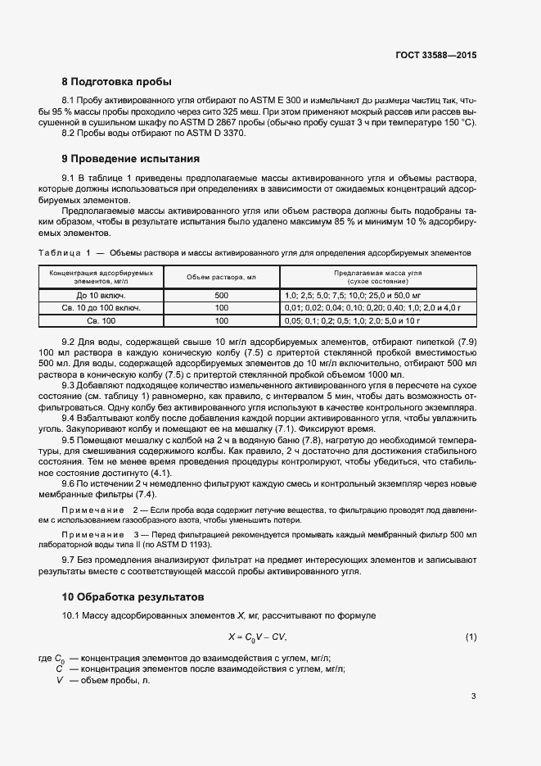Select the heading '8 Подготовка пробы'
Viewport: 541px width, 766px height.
point(117,82)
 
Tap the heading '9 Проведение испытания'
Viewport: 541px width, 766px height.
point(131,158)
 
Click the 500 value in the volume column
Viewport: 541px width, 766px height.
point(222,294)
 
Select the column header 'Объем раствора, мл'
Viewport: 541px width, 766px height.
point(222,276)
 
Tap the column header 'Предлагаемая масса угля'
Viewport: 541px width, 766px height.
point(377,272)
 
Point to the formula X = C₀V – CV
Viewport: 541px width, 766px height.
point(258,637)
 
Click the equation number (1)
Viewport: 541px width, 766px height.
point(471,637)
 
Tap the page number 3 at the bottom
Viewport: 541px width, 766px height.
point(473,697)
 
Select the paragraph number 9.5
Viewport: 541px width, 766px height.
point(70,440)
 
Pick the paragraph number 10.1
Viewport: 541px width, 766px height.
point(71,615)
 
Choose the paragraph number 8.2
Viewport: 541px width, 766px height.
point(70,134)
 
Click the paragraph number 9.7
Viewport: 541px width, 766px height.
point(70,560)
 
